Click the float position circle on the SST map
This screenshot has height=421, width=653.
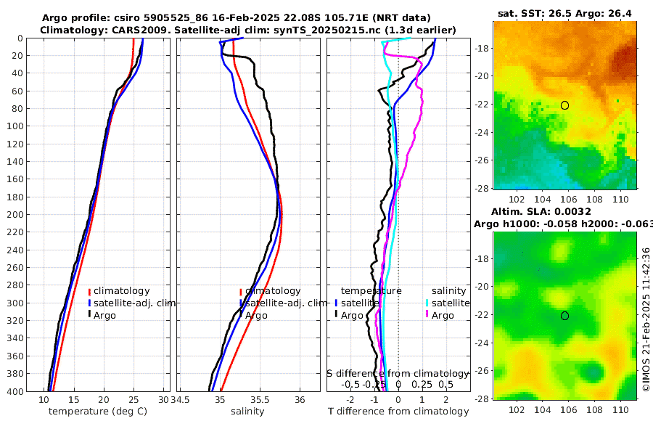click(564, 105)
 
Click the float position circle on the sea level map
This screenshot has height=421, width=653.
click(564, 316)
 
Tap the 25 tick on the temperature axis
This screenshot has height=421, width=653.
click(134, 400)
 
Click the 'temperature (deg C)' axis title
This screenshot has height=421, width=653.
click(99, 412)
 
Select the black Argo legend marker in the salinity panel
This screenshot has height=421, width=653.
click(240, 315)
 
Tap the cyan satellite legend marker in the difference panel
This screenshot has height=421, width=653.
click(428, 303)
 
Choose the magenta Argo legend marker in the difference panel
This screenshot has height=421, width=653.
click(428, 315)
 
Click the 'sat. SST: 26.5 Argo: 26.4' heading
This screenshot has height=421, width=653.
click(564, 13)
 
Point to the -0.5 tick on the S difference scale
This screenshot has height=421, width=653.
click(351, 384)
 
